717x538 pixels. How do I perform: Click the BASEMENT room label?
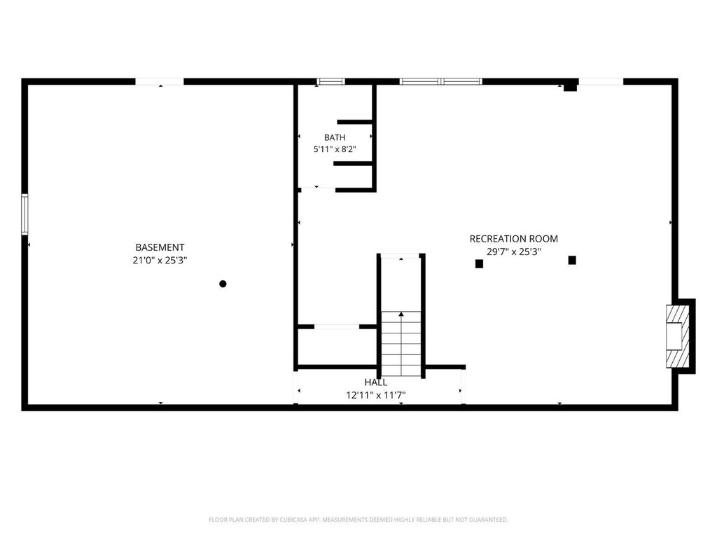[x=160, y=247]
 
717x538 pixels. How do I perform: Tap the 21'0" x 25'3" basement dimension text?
[x=160, y=261]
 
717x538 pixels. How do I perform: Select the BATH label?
[x=335, y=137]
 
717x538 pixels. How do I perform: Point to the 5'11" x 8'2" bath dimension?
[x=335, y=149]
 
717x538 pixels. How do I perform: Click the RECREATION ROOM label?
[x=513, y=239]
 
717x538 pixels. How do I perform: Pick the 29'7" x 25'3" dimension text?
[x=513, y=251]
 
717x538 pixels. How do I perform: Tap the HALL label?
[x=376, y=382]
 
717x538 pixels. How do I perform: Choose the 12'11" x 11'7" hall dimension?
[x=376, y=395]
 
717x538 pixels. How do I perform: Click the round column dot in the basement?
[x=223, y=284]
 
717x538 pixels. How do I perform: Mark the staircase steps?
[x=401, y=343]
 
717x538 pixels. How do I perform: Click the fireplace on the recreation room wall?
[x=678, y=336]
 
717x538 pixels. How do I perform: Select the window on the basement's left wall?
[x=25, y=214]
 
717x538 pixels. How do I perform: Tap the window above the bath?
[x=331, y=81]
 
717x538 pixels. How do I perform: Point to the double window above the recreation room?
[x=441, y=81]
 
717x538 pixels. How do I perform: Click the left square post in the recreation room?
[x=479, y=263]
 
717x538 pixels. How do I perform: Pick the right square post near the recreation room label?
[x=572, y=260]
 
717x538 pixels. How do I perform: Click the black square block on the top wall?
[x=570, y=87]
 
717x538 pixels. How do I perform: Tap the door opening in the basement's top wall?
[x=160, y=81]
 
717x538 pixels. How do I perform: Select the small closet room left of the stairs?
[x=337, y=347]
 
